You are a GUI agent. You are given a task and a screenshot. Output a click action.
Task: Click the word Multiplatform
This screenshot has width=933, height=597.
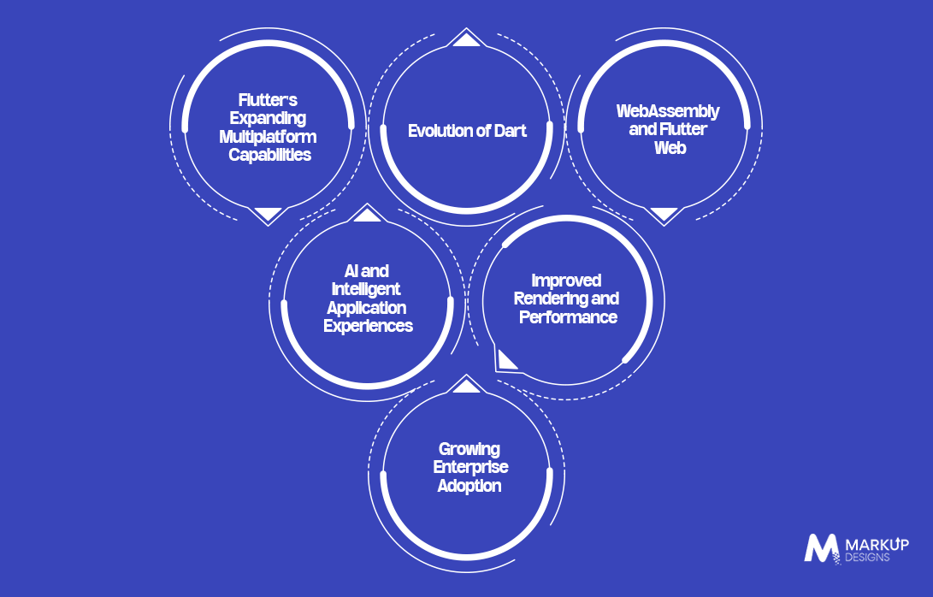pyautogui.click(x=268, y=137)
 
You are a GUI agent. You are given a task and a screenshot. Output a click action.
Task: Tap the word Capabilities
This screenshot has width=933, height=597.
pyautogui.click(x=270, y=155)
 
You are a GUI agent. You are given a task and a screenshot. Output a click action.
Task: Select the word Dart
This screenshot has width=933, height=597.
pyautogui.click(x=510, y=131)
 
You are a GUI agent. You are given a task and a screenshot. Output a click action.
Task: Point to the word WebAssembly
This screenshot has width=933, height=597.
pyautogui.click(x=668, y=111)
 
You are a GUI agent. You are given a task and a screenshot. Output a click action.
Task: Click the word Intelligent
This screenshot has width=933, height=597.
pyautogui.click(x=366, y=289)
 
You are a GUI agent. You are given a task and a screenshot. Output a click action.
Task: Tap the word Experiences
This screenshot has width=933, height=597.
pyautogui.click(x=369, y=326)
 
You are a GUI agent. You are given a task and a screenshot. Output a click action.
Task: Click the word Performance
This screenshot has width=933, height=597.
pyautogui.click(x=568, y=316)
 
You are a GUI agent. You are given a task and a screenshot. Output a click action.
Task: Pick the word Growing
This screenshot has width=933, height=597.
pyautogui.click(x=469, y=449)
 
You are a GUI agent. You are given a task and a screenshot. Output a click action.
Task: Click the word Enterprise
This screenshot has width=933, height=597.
pyautogui.click(x=470, y=467)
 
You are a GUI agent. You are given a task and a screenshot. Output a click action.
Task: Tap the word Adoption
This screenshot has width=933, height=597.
pyautogui.click(x=469, y=486)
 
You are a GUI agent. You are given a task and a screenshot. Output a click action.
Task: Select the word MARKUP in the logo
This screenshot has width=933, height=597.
pyautogui.click(x=877, y=545)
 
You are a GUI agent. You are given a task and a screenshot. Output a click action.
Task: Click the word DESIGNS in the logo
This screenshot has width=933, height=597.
pyautogui.click(x=867, y=558)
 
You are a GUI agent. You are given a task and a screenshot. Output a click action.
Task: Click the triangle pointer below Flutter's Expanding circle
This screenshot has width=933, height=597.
pyautogui.click(x=268, y=214)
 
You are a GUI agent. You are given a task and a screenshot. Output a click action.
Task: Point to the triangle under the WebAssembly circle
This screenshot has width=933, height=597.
pyautogui.click(x=664, y=214)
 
